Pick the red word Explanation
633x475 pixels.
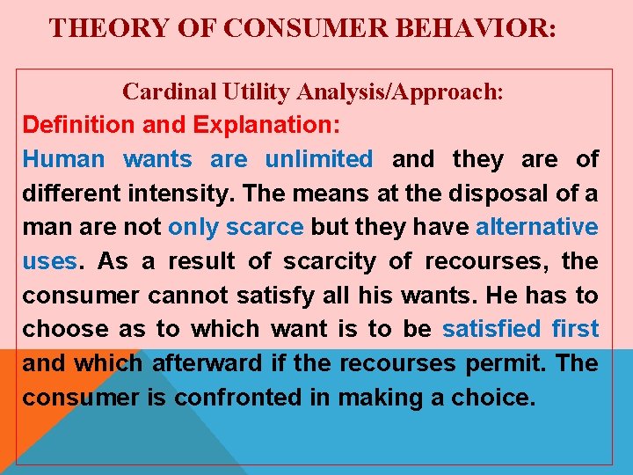click(266, 125)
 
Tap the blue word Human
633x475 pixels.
click(63, 159)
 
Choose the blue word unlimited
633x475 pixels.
click(319, 159)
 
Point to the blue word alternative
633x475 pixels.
click(536, 227)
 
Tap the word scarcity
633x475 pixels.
click(339, 261)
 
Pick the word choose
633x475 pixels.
click(58, 329)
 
